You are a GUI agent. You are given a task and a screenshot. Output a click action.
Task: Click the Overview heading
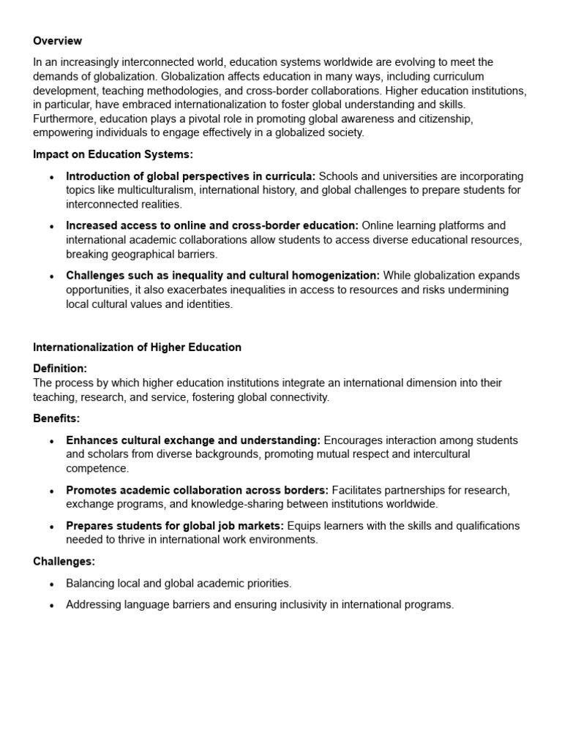[57, 41]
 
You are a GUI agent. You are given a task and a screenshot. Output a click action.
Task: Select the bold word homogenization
[340, 276]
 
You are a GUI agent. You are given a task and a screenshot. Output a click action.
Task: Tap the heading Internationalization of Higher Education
[137, 347]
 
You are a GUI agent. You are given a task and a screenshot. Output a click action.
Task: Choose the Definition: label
[60, 369]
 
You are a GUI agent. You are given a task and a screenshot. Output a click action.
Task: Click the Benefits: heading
[56, 418]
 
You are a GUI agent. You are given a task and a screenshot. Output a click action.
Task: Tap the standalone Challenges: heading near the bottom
[64, 562]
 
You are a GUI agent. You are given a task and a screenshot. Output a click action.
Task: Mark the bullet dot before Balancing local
[51, 584]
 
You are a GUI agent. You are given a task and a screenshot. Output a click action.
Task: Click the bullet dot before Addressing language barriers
[51, 606]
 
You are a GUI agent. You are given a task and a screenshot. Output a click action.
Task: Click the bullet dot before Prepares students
[51, 527]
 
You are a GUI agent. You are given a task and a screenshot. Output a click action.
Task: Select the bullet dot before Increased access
[51, 227]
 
